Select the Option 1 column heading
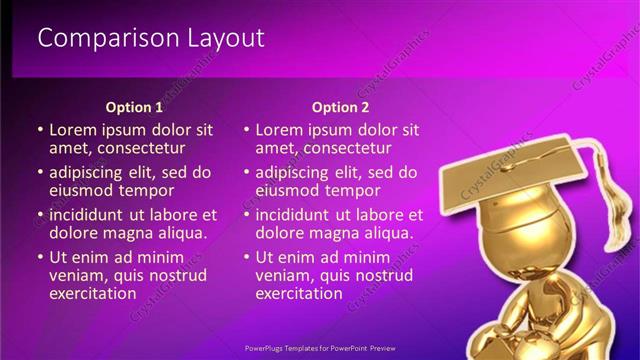[x=134, y=107]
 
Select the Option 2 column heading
[x=340, y=107]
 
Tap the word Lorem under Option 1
[x=73, y=130]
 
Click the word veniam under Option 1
[x=77, y=276]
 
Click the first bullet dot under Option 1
[x=40, y=131]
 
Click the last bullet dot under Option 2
[x=246, y=259]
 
